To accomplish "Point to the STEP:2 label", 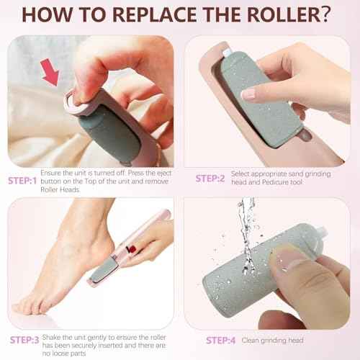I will pos(212,177).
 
